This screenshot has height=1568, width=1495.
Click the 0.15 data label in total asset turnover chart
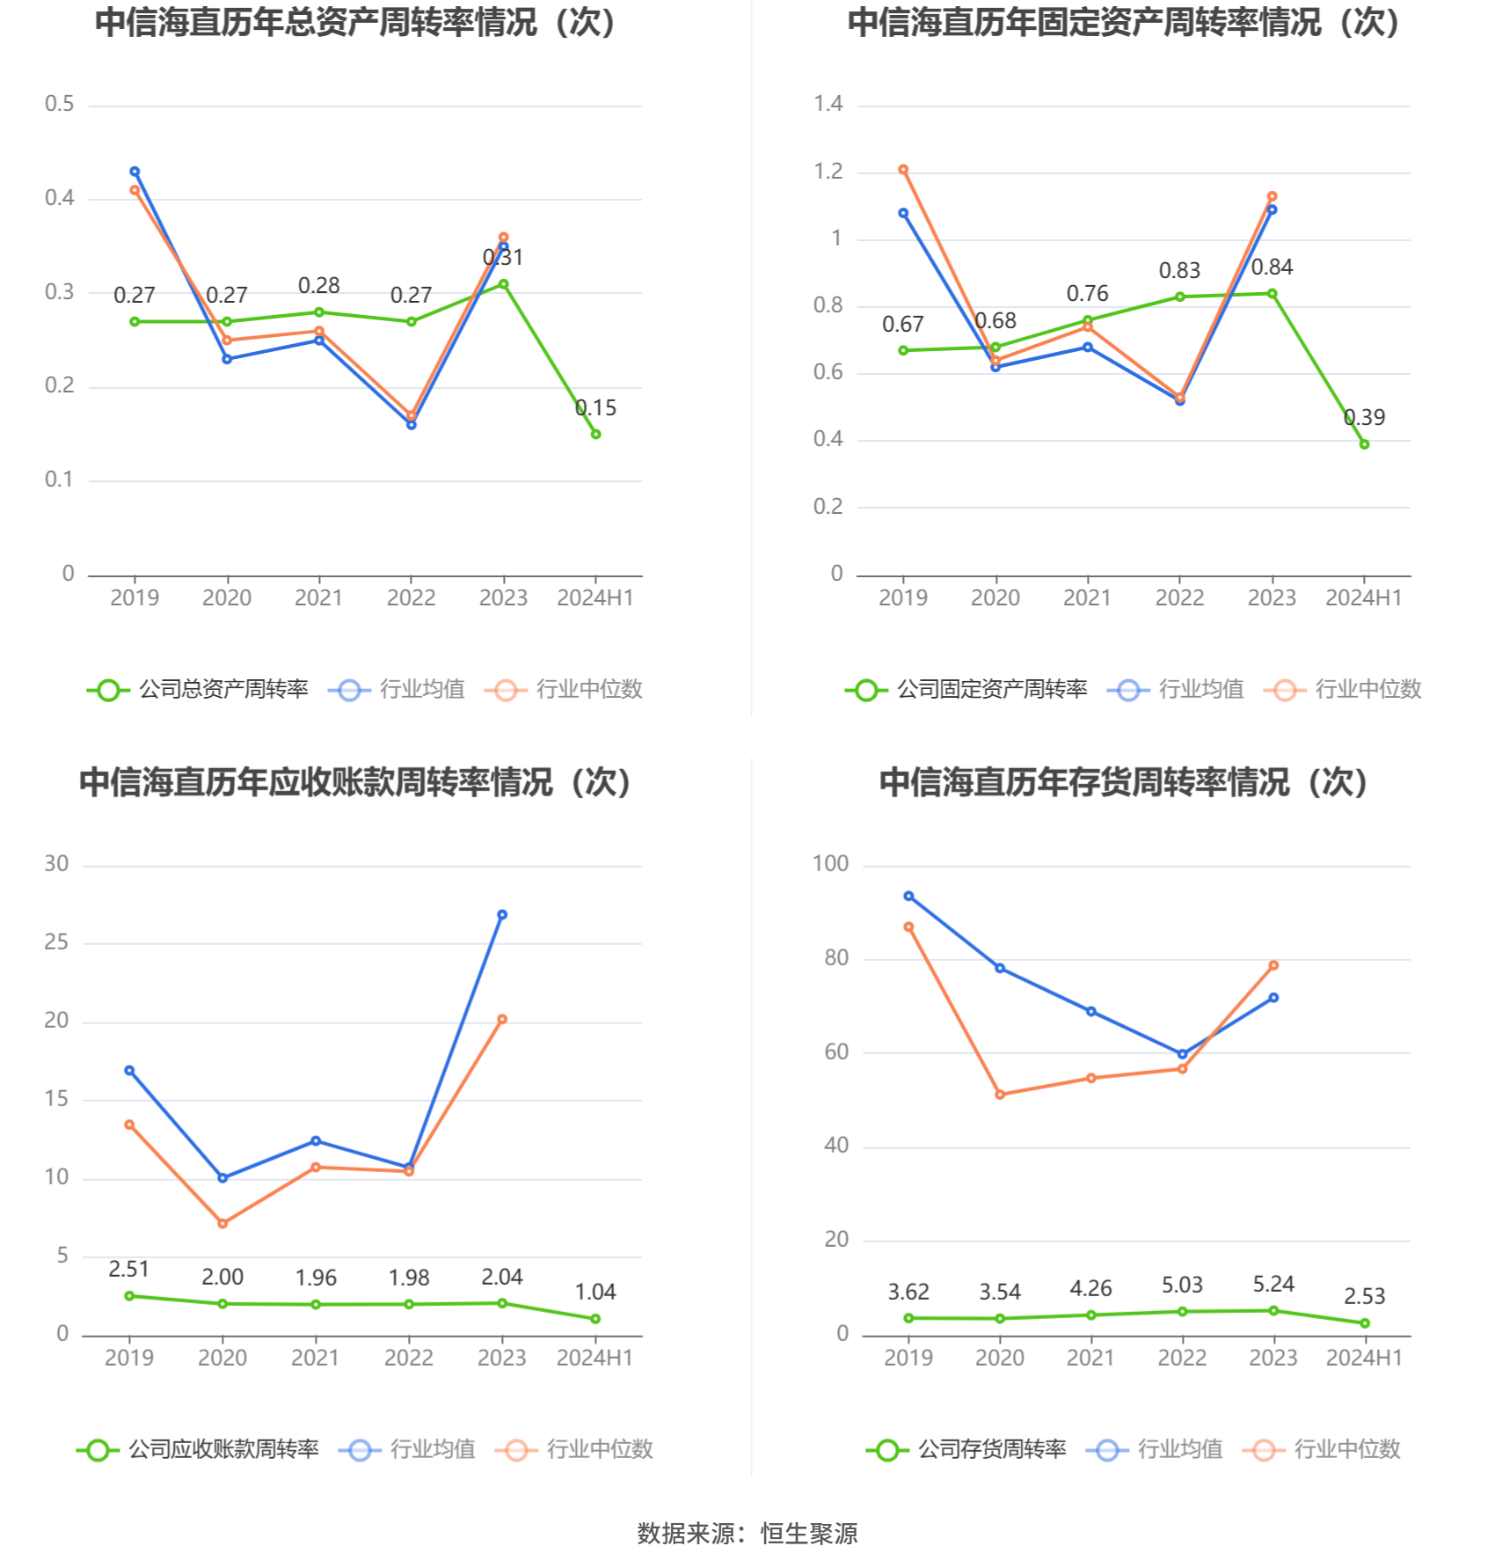595,408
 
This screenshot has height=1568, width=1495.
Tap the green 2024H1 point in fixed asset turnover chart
1364,444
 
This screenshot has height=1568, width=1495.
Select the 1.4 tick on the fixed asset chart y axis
828,104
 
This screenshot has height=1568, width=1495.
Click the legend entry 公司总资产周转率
198,689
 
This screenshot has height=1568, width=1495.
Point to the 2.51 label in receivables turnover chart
128,1269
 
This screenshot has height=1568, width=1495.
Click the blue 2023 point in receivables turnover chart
502,915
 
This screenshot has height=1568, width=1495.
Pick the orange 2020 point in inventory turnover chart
1000,1095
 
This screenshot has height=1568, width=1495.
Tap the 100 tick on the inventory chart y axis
831,864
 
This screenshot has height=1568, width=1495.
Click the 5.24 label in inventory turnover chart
1273,1285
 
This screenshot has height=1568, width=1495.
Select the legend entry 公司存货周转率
966,1449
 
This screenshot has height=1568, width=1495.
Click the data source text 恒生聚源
809,1534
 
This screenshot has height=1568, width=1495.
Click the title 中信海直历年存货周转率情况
1085,782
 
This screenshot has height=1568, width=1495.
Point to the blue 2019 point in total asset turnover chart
135,172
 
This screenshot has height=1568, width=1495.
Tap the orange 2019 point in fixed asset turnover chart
903,170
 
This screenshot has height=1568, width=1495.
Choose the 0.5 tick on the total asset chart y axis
60,104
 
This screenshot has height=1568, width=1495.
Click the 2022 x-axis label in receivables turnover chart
409,1358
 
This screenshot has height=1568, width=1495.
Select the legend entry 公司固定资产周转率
966,689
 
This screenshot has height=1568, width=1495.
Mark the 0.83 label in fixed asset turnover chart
1179,271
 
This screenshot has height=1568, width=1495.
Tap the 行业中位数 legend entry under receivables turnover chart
574,1449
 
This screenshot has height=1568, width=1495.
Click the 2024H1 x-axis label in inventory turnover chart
1364,1358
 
